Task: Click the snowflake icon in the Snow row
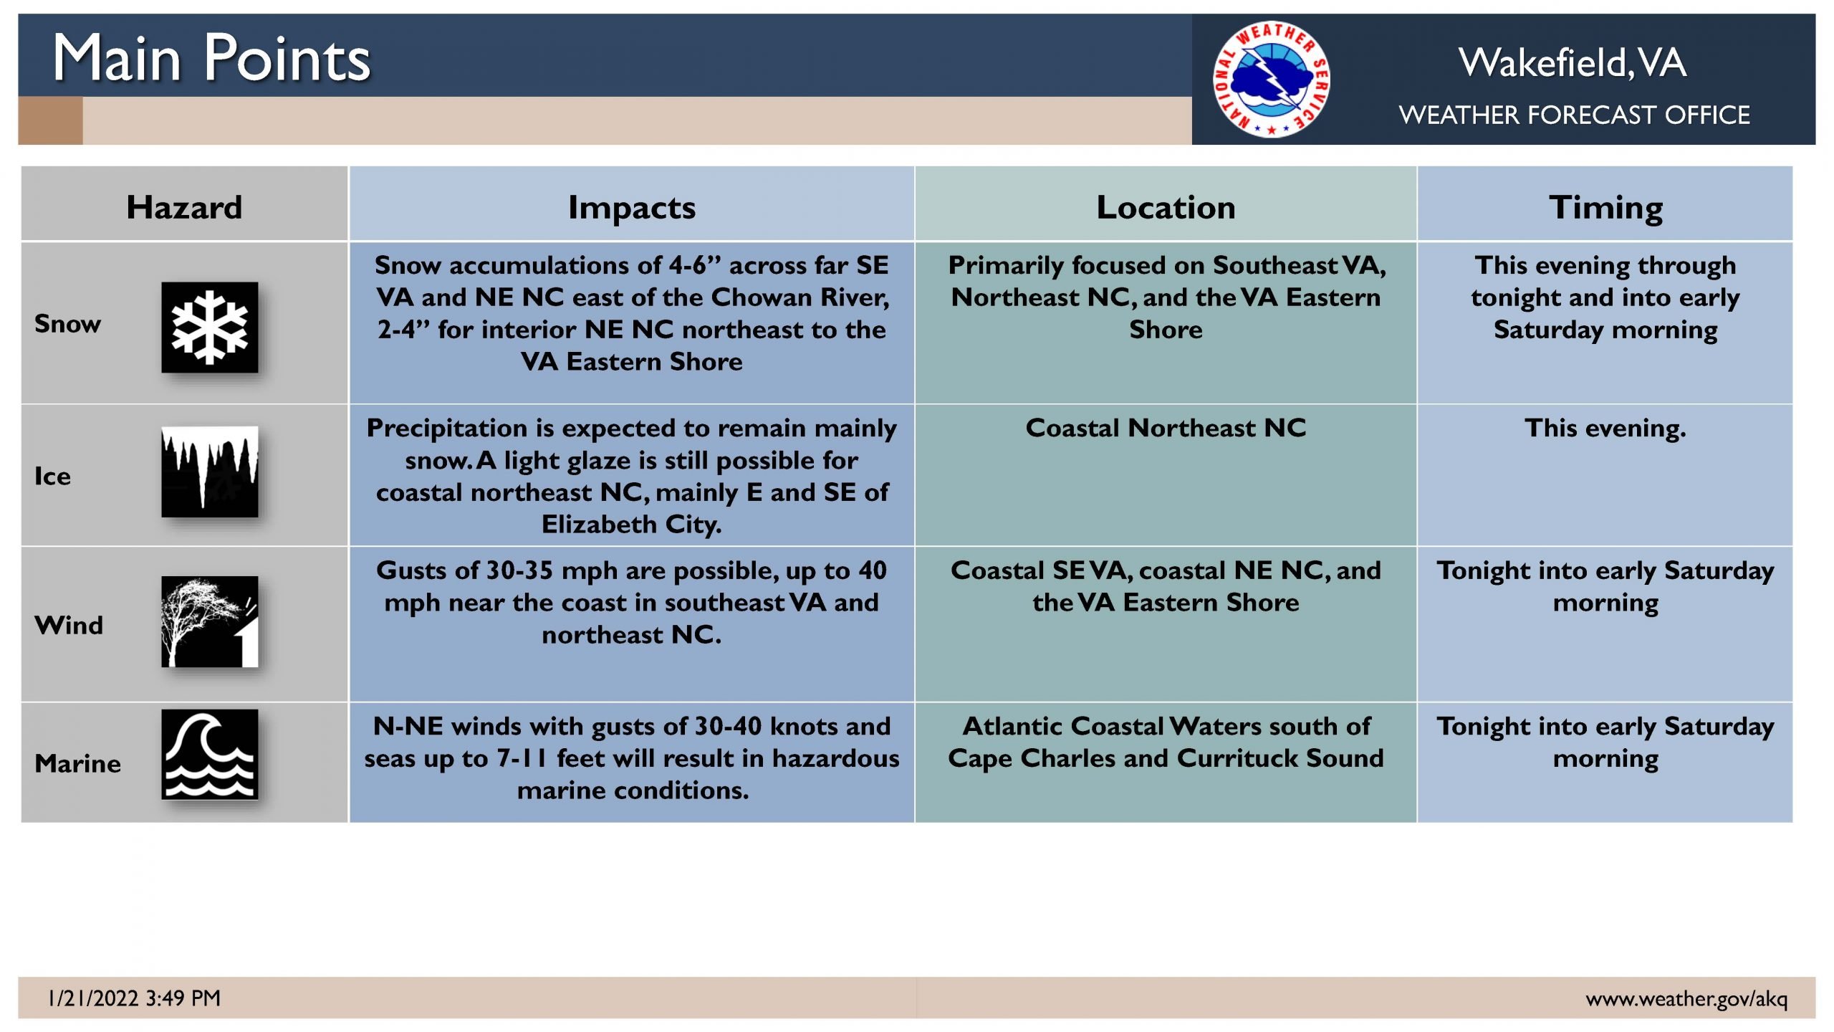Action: pos(209,327)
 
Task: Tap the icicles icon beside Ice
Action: pos(209,472)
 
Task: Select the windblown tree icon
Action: pos(209,621)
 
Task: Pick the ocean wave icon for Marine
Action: pos(209,754)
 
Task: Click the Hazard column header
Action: pos(184,207)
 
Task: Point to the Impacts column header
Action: pos(632,208)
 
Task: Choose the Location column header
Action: pos(1166,207)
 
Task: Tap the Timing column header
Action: pos(1605,208)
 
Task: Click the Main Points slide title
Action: pos(211,58)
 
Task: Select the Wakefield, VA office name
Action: pos(1573,62)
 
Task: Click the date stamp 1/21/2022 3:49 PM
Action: pos(134,998)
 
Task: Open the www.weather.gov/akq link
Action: pos(1686,998)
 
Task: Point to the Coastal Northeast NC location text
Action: pos(1166,428)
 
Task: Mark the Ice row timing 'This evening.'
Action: pos(1605,429)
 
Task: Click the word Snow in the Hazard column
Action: pos(68,324)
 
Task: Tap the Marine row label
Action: pos(77,763)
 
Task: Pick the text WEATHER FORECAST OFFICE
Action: pos(1574,115)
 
